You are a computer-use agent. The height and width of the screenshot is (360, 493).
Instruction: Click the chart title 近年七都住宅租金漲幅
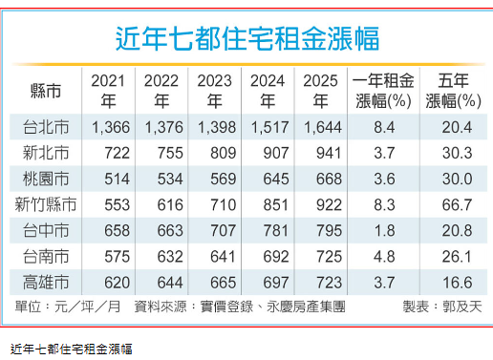[246, 37]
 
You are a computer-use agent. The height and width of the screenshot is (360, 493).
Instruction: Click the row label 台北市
[45, 127]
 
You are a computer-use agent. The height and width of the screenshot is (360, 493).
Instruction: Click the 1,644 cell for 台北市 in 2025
[322, 127]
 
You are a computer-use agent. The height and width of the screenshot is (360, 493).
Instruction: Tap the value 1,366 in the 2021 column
[108, 127]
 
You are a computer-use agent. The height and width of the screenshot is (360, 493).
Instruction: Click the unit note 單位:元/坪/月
[66, 307]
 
